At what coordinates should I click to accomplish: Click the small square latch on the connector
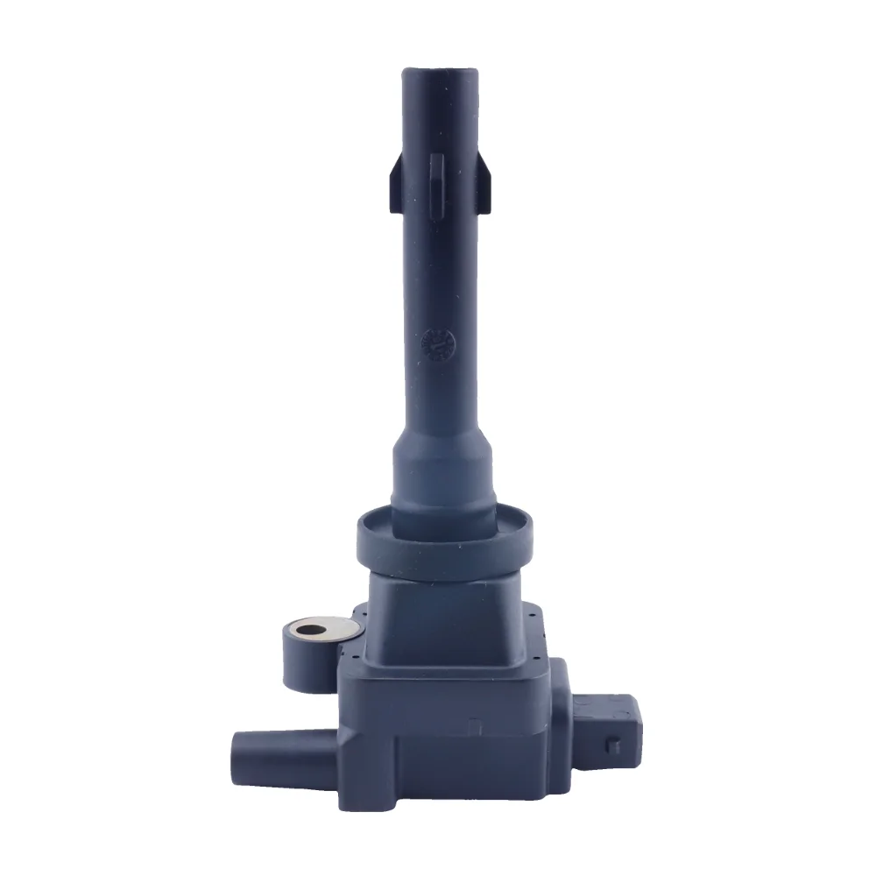614,745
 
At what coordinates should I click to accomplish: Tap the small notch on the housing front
474,726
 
